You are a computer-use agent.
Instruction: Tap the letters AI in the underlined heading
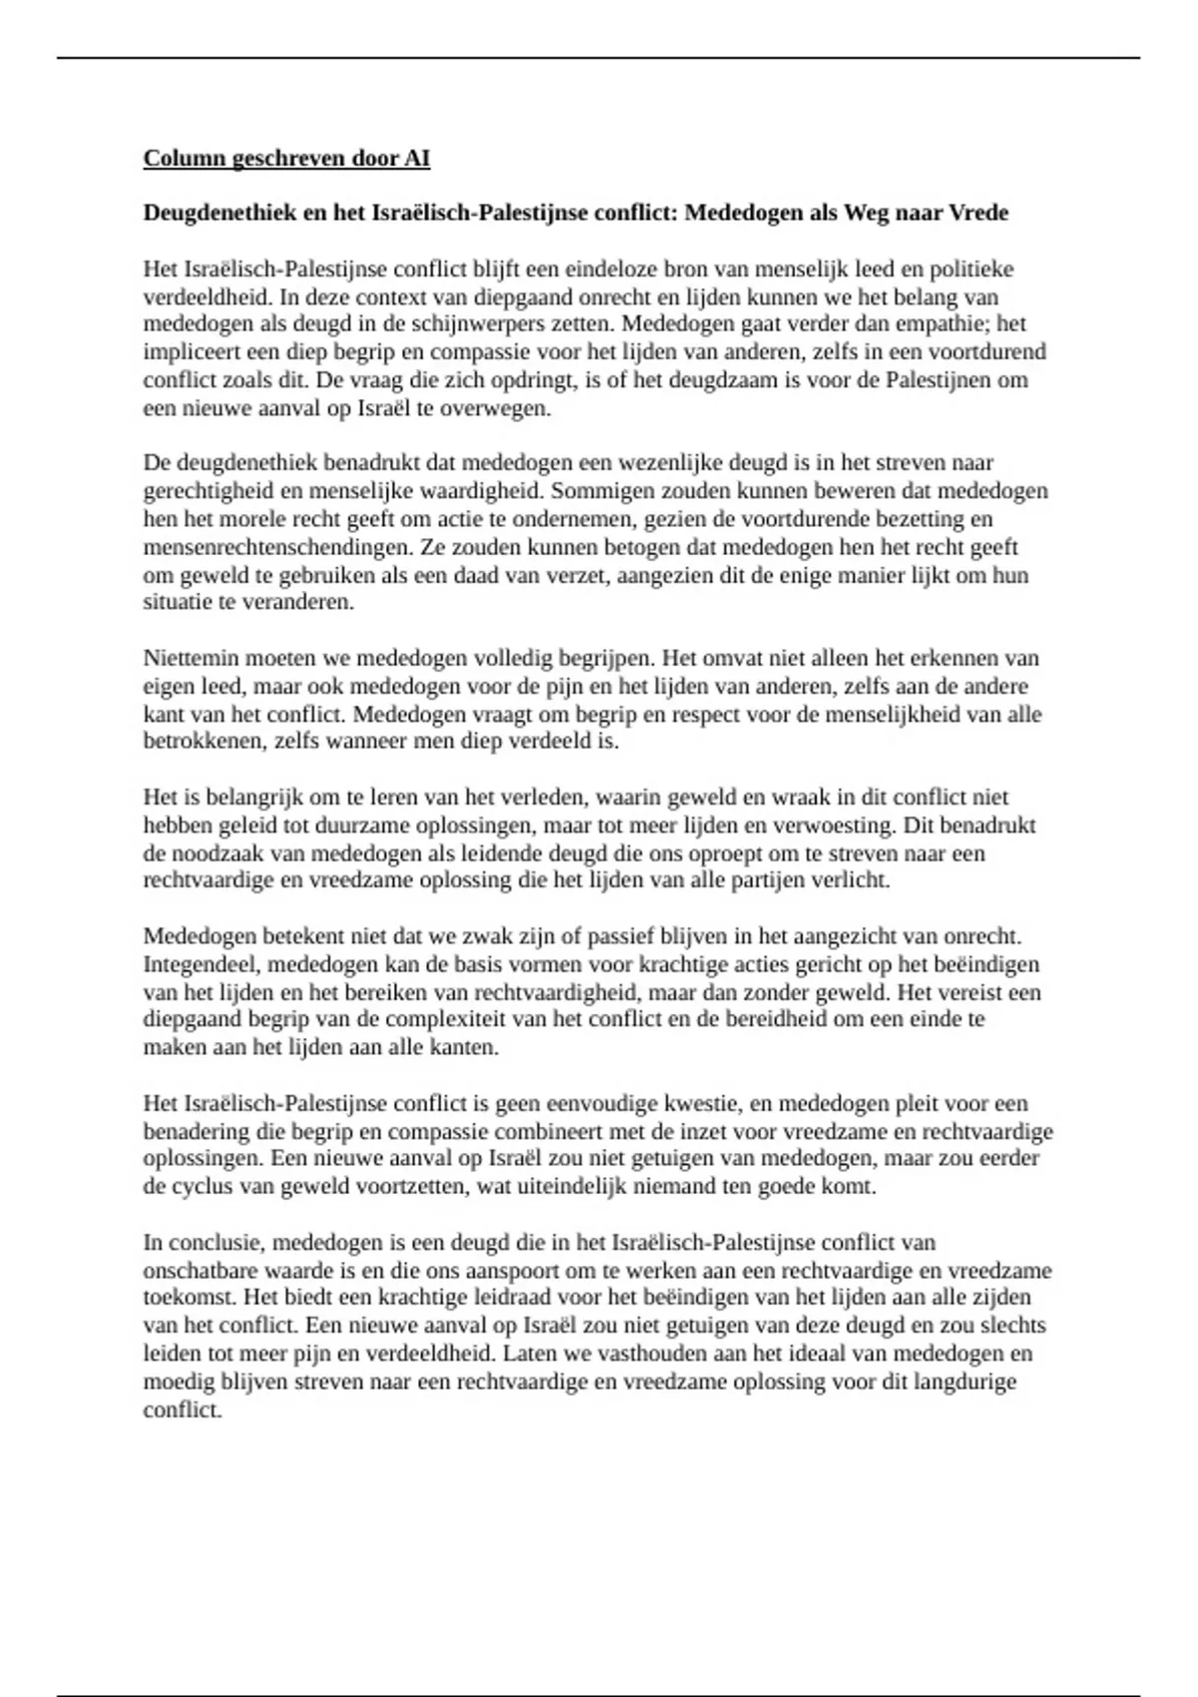pos(417,158)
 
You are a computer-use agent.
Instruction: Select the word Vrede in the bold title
pos(977,213)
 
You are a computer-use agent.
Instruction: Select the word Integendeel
pos(201,964)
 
